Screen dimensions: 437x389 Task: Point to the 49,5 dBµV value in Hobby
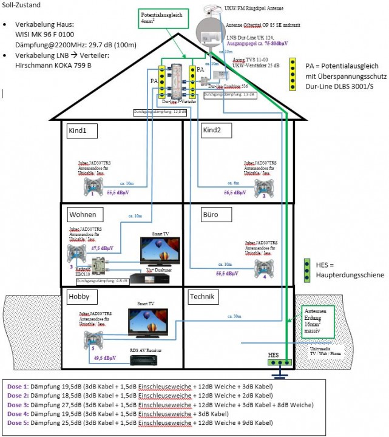click(x=106, y=359)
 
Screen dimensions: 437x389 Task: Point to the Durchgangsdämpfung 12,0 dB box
click(x=158, y=112)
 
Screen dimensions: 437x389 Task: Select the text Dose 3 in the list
click(x=17, y=404)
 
